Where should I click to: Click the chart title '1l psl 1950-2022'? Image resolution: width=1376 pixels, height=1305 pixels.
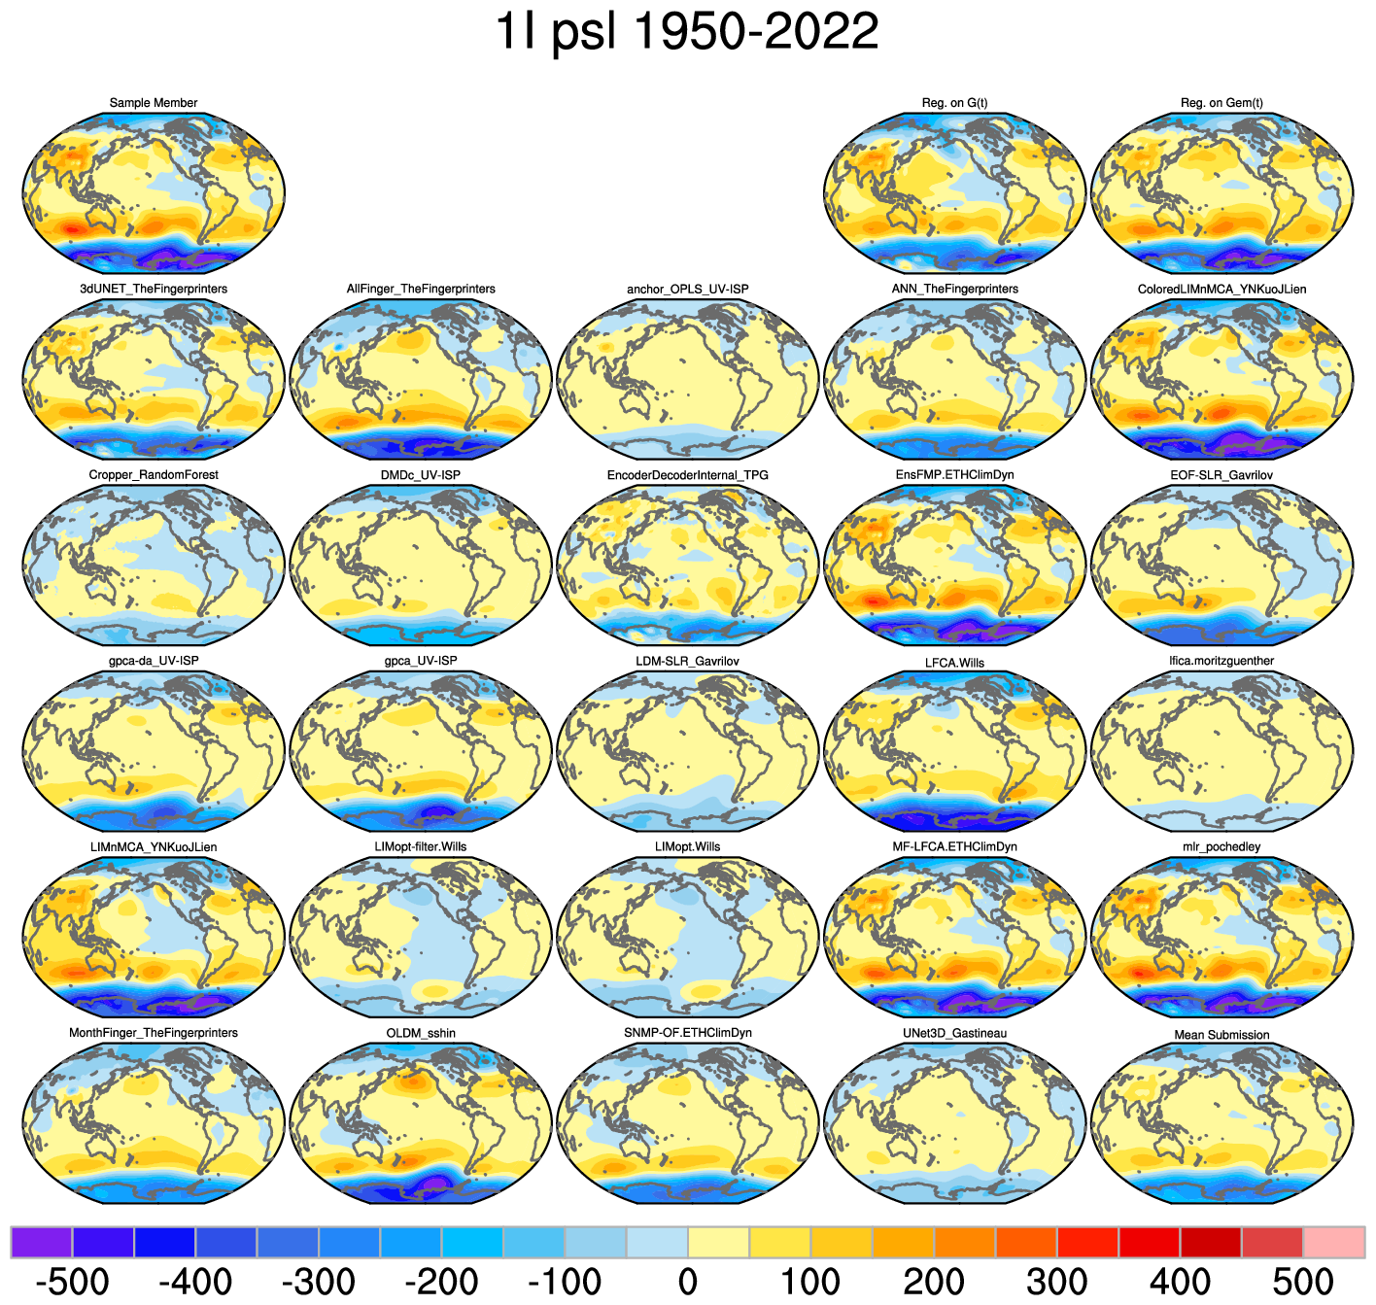coord(687,33)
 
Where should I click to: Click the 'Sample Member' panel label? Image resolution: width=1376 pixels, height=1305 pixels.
coord(154,103)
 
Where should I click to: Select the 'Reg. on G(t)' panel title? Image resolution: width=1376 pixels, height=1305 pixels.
coord(954,103)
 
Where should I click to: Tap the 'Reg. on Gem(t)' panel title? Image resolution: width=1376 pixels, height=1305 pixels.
coord(1221,103)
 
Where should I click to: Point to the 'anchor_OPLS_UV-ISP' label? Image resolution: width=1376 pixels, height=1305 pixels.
coord(687,290)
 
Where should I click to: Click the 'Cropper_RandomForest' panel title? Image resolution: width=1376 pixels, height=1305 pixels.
coord(154,475)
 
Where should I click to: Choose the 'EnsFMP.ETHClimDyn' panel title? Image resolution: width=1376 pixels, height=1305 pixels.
coord(954,475)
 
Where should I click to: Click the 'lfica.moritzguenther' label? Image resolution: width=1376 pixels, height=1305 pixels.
coord(1221,662)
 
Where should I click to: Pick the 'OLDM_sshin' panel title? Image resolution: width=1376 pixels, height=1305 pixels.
coord(421,1033)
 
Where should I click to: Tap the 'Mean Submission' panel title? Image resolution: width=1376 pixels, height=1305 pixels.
coord(1221,1035)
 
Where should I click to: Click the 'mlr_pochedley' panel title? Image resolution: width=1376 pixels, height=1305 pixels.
coord(1221,847)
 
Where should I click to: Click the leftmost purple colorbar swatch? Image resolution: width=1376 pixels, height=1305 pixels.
coord(42,1242)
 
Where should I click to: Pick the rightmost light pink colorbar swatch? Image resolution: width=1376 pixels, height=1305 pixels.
coord(1333,1242)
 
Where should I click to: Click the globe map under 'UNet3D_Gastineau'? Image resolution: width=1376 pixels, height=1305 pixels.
coord(954,1123)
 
